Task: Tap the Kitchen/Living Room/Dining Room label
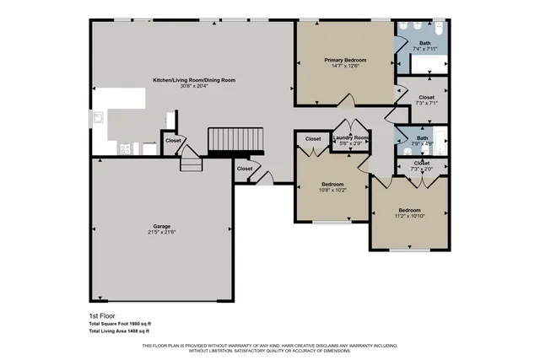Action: pyautogui.click(x=193, y=80)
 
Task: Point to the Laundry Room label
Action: pyautogui.click(x=350, y=137)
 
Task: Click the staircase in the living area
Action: pyautogui.click(x=236, y=139)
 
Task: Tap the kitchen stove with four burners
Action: pyautogui.click(x=125, y=149)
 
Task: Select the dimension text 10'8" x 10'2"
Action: pyautogui.click(x=332, y=191)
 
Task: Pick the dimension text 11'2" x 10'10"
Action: pyautogui.click(x=409, y=217)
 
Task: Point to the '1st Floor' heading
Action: pyautogui.click(x=101, y=316)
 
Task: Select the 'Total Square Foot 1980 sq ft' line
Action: pyautogui.click(x=121, y=324)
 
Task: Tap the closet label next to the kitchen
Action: pyautogui.click(x=173, y=141)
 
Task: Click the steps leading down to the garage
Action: pyautogui.click(x=192, y=162)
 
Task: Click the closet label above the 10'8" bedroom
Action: pyautogui.click(x=312, y=138)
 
